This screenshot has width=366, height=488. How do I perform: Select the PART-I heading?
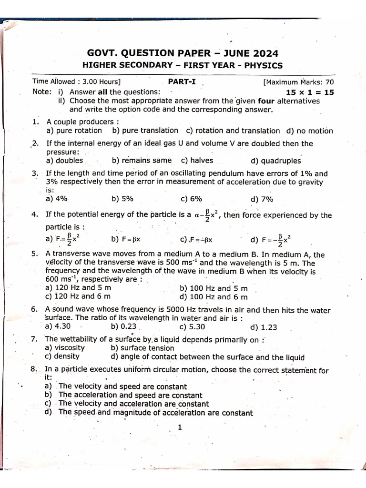coord(182,81)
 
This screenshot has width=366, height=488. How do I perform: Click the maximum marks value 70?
coord(329,82)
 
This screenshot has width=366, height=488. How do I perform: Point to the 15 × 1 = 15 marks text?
coord(310,92)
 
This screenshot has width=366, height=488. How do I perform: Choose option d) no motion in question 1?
coord(310,131)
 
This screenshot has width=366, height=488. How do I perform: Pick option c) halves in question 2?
coord(197,161)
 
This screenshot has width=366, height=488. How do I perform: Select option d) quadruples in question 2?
coord(275,161)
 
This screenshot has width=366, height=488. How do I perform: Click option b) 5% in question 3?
coord(122,199)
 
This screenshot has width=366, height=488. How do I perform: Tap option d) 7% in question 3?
coord(261,199)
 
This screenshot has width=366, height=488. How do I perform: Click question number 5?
coord(35,254)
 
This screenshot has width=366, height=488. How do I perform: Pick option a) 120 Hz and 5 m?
coord(78,288)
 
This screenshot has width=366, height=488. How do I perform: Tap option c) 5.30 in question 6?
coord(193,327)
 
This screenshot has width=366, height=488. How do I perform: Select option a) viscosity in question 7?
coord(65,348)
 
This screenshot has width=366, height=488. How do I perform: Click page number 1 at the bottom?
coord(180,427)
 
